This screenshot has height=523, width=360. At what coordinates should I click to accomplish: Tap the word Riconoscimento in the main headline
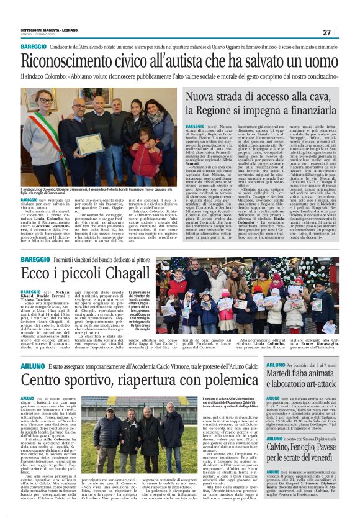click(71, 61)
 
